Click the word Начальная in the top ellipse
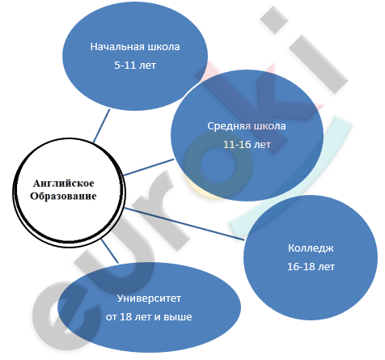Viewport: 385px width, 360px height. [x=114, y=47]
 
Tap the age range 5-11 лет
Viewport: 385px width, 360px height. [x=135, y=66]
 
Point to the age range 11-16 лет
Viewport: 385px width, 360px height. [x=247, y=145]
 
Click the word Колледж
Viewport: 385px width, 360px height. [x=311, y=248]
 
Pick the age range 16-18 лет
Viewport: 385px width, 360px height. [x=311, y=267]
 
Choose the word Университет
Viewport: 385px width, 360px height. [x=149, y=299]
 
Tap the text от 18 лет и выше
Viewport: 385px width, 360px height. [x=149, y=316]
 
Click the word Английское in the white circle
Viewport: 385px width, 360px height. [x=64, y=184]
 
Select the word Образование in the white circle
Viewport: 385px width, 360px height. [x=63, y=196]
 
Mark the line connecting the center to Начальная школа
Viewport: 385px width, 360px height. [x=102, y=125]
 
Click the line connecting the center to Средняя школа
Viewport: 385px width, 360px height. [x=148, y=167]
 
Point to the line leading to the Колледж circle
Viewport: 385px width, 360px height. [x=184, y=223]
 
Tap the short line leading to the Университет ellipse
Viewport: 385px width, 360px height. [x=110, y=251]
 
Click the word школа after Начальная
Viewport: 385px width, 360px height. [x=160, y=47]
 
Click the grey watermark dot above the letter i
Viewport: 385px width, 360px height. [x=274, y=20]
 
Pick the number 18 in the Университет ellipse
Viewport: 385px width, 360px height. [x=125, y=316]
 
